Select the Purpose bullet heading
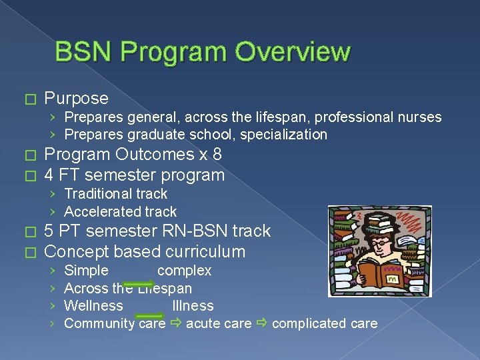pos(76,99)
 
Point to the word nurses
pos(419,117)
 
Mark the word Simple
pos(86,271)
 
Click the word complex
pos(184,271)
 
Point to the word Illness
pos(193,306)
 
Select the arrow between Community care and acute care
pos(175,324)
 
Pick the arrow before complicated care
pos(262,324)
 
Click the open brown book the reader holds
pos(379,272)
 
